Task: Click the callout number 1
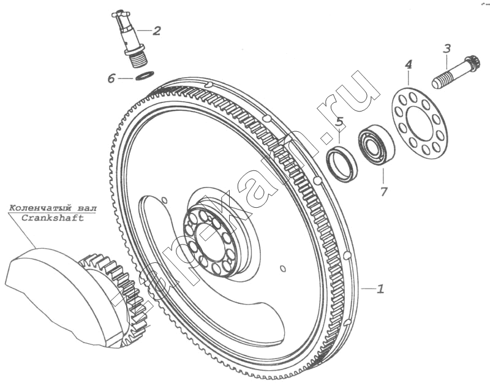click(380, 289)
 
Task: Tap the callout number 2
click(157, 31)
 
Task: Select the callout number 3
click(447, 49)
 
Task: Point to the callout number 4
click(409, 65)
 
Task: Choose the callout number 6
click(111, 78)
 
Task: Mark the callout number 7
click(384, 191)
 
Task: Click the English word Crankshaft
click(53, 218)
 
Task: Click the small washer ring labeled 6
click(145, 76)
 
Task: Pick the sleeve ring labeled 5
click(341, 162)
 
